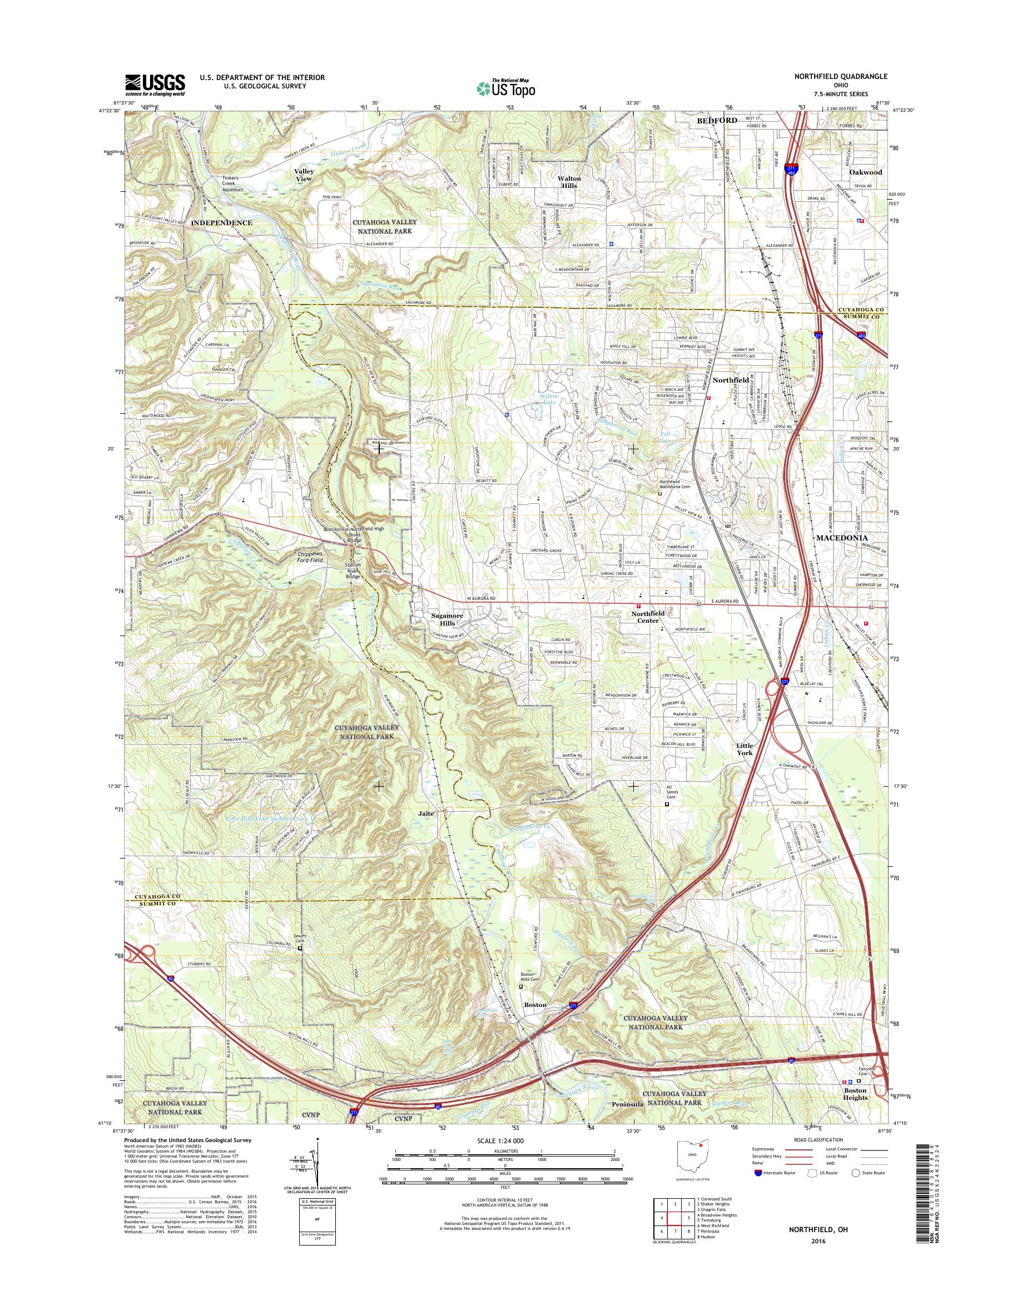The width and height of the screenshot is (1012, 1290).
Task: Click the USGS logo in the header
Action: pyautogui.click(x=155, y=85)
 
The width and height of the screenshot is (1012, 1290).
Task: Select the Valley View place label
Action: pyautogui.click(x=305, y=175)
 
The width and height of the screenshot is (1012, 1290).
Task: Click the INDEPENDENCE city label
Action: pyautogui.click(x=222, y=223)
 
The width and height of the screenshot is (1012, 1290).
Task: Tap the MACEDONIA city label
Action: pyautogui.click(x=841, y=538)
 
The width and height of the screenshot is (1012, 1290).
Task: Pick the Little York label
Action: pyautogui.click(x=744, y=749)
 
